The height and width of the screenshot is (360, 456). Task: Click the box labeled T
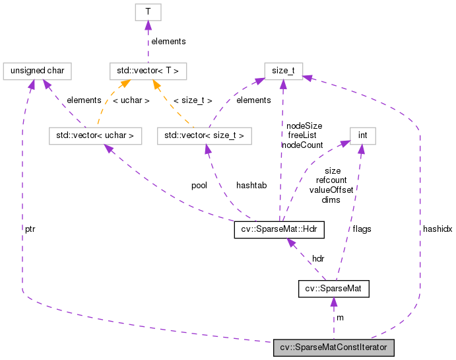148,12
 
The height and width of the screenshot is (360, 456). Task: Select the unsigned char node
37,69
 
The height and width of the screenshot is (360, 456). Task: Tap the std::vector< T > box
148,69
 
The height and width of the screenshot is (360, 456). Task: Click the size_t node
284,69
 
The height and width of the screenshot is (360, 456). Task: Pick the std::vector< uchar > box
95,136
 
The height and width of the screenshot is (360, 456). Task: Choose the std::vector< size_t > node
205,136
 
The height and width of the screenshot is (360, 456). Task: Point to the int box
362,136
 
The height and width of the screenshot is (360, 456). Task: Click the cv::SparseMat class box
333,289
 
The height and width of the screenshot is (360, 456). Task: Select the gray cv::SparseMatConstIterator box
334,347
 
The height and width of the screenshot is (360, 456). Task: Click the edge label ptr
30,228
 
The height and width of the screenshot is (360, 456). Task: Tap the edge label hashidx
438,228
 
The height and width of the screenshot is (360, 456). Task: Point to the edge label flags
362,229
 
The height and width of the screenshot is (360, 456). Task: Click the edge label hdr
318,258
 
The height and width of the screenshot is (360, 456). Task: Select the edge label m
341,318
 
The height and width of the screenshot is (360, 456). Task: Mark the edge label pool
199,186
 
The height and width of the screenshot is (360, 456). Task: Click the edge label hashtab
251,186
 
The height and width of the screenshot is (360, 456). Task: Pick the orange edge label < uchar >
131,100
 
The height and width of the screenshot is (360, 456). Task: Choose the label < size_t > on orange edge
193,100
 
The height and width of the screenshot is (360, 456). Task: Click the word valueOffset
331,190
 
